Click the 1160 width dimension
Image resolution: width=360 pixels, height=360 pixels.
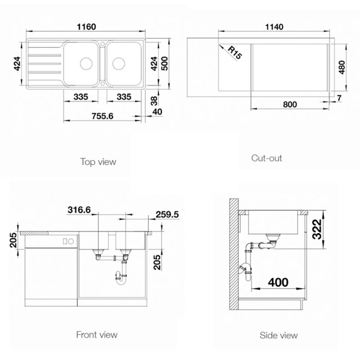coord(86,27)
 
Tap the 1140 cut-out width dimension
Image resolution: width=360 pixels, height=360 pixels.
coord(274,27)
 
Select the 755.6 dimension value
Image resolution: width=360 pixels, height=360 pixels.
coord(103,116)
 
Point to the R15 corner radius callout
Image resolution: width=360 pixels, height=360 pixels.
coord(234,53)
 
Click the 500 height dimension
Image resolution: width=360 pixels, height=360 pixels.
coord(165,63)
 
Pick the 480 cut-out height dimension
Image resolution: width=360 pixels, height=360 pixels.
coord(342,67)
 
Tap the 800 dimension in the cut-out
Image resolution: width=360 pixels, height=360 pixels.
coord(290,104)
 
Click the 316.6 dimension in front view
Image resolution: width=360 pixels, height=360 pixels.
coord(79,210)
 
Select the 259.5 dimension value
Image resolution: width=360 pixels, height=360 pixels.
coord(167,215)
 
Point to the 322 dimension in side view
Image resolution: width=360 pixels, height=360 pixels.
coord(318,229)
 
